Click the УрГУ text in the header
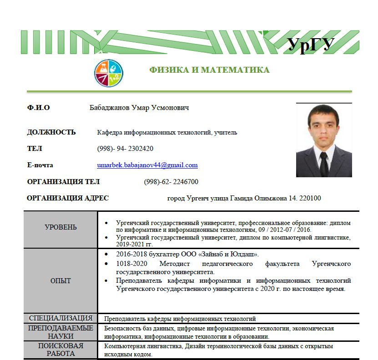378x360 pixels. (312, 45)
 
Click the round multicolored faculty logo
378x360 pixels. (108, 73)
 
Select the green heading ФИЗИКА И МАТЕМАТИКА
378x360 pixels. (209, 70)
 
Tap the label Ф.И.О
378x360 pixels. (39, 108)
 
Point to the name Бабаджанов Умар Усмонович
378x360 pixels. (139, 108)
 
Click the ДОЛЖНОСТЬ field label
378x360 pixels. (51, 132)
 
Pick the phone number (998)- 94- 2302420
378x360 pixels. (125, 149)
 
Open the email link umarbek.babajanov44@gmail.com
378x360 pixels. (147, 165)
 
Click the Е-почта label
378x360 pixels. (40, 165)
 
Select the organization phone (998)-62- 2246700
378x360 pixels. (171, 182)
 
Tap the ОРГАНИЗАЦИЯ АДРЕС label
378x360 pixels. (68, 198)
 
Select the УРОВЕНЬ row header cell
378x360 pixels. (60, 227)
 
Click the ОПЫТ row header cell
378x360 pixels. (60, 281)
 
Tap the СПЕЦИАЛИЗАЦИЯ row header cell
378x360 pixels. (60, 318)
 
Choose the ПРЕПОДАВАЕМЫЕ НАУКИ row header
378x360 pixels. (60, 332)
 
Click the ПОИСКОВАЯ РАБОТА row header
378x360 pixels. (60, 350)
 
